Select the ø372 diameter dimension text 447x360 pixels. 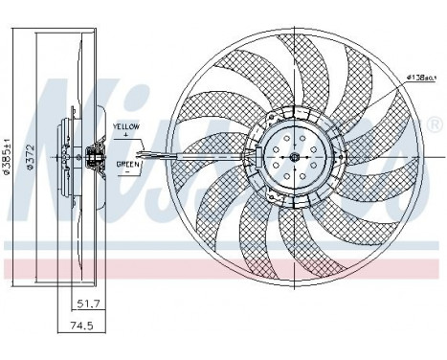coord(29,153)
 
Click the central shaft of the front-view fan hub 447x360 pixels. coord(295,156)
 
